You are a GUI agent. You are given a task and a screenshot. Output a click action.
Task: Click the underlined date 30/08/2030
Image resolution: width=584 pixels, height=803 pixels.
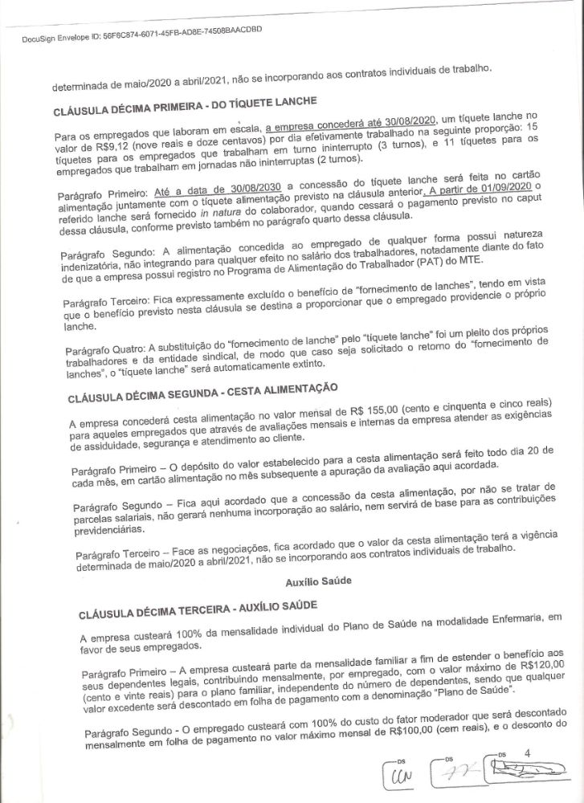click(245, 187)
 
